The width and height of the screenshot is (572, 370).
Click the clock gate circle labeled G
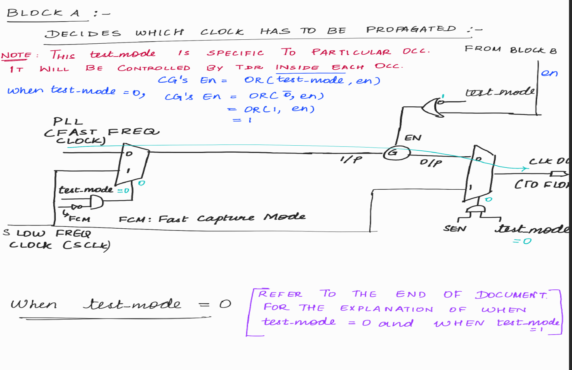397,153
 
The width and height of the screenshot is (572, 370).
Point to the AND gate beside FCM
96,203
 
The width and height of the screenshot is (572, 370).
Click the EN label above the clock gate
413,138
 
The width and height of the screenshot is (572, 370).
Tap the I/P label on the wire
351,159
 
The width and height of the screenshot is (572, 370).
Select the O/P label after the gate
431,162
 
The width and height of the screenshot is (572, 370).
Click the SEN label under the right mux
455,229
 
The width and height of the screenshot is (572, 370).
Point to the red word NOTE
16,55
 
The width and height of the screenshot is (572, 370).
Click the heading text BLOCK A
43,13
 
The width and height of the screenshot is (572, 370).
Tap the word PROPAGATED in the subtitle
411,30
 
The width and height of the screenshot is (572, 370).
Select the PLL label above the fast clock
68,121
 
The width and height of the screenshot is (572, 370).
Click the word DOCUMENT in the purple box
511,295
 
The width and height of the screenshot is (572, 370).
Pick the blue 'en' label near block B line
549,73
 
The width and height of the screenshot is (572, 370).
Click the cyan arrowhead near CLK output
525,169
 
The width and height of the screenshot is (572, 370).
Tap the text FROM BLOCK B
510,50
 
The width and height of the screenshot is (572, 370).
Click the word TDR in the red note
249,67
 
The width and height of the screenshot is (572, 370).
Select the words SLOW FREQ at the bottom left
47,233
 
